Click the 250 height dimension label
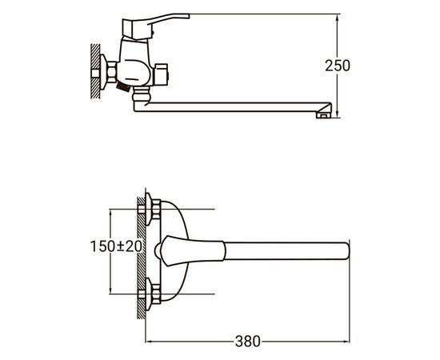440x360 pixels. pyautogui.click(x=338, y=66)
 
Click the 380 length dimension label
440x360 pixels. pyautogui.click(x=248, y=342)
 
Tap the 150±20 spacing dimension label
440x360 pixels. pyautogui.click(x=116, y=246)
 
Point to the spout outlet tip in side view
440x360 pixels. pyautogui.click(x=323, y=114)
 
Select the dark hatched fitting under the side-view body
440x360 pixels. pyautogui.click(x=123, y=87)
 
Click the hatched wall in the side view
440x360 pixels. pyautogui.click(x=95, y=71)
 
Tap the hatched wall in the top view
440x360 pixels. pyautogui.click(x=141, y=258)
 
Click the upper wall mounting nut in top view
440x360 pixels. pyautogui.click(x=156, y=209)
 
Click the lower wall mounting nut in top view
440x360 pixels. pyautogui.click(x=156, y=294)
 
